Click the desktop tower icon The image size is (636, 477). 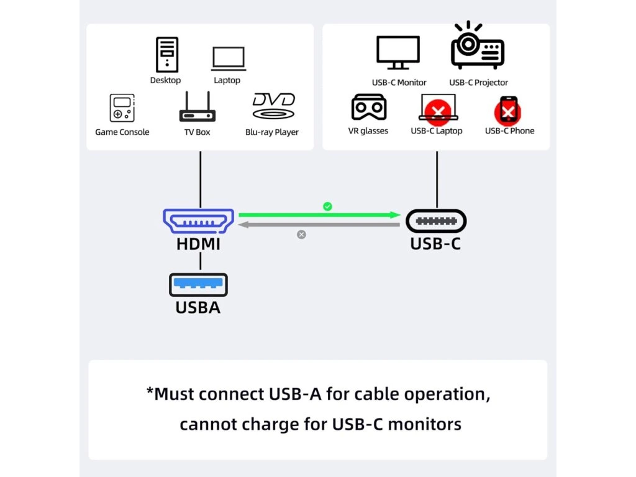coord(166,55)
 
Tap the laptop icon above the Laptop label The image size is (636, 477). coord(228,59)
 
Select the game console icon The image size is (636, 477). coord(122,108)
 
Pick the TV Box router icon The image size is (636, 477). coord(198,108)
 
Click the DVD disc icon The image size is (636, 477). coord(273,107)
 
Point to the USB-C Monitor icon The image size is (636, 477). coord(399,53)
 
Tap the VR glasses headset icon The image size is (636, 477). coord(369,107)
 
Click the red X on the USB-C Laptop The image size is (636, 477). coord(438,112)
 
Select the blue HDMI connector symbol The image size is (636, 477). coord(198,222)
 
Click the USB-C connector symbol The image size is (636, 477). coord(436,221)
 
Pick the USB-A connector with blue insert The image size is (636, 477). coord(198,284)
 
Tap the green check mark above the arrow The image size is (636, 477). coord(327,206)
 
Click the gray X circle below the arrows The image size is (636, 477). coord(301,235)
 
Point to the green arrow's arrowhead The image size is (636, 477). coord(395,215)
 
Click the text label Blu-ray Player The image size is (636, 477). coord(272,132)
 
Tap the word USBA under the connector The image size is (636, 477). coord(198,307)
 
